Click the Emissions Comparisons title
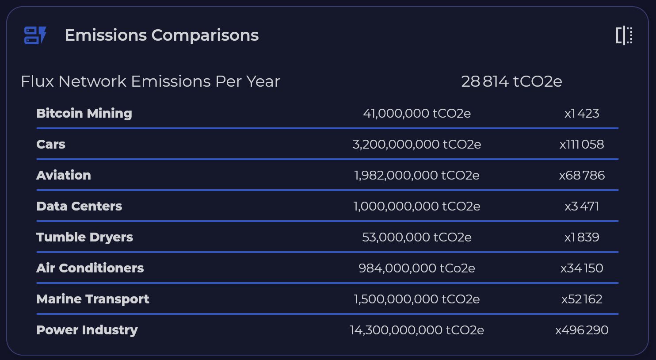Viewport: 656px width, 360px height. coord(162,35)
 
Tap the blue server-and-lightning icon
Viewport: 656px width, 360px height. coord(35,35)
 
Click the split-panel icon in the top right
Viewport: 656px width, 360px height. coord(624,35)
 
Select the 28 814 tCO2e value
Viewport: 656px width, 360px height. coord(511,81)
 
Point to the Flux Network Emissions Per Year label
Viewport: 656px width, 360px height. coord(150,81)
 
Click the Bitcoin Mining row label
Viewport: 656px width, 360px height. coord(84,113)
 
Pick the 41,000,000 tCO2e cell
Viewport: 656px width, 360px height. coord(417,113)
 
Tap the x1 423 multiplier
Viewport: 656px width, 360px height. coord(582,113)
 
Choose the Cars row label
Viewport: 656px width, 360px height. coord(51,144)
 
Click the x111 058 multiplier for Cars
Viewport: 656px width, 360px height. coord(582,144)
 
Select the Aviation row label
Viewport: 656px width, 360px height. coord(64,175)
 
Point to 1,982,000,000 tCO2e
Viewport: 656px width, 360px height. coord(417,175)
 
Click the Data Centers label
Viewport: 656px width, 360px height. coord(79,206)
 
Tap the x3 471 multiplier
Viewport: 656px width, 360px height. coord(582,206)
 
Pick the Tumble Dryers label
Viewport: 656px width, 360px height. coord(84,237)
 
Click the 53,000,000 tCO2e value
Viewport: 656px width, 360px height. coord(417,237)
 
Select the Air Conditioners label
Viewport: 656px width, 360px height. coord(90,268)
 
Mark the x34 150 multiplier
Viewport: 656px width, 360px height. coord(582,268)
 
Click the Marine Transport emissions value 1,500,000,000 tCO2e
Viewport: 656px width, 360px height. coord(417,299)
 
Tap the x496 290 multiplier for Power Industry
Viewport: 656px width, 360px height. coord(582,330)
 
